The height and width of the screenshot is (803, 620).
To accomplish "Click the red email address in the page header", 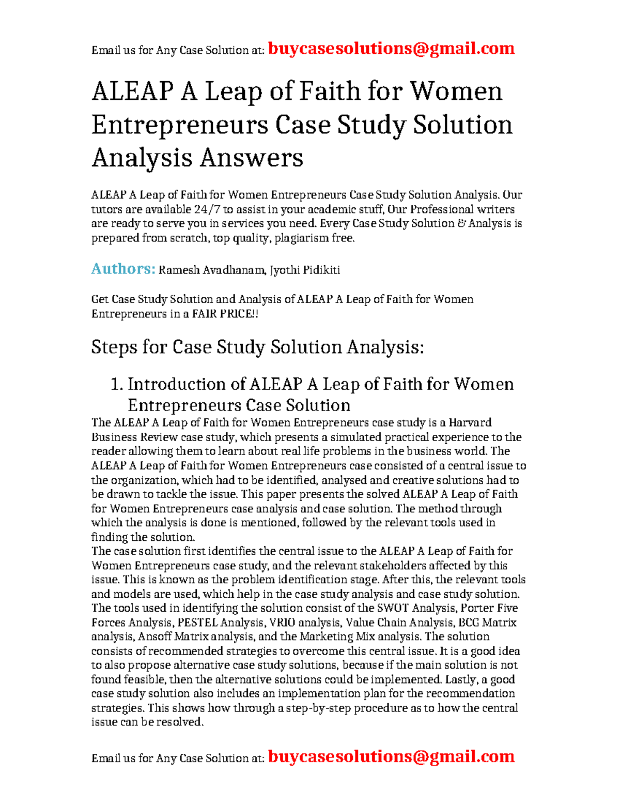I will coord(392,49).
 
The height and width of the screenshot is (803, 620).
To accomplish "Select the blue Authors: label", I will coord(123,269).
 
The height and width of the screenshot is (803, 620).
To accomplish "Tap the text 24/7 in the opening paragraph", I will coord(207,209).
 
